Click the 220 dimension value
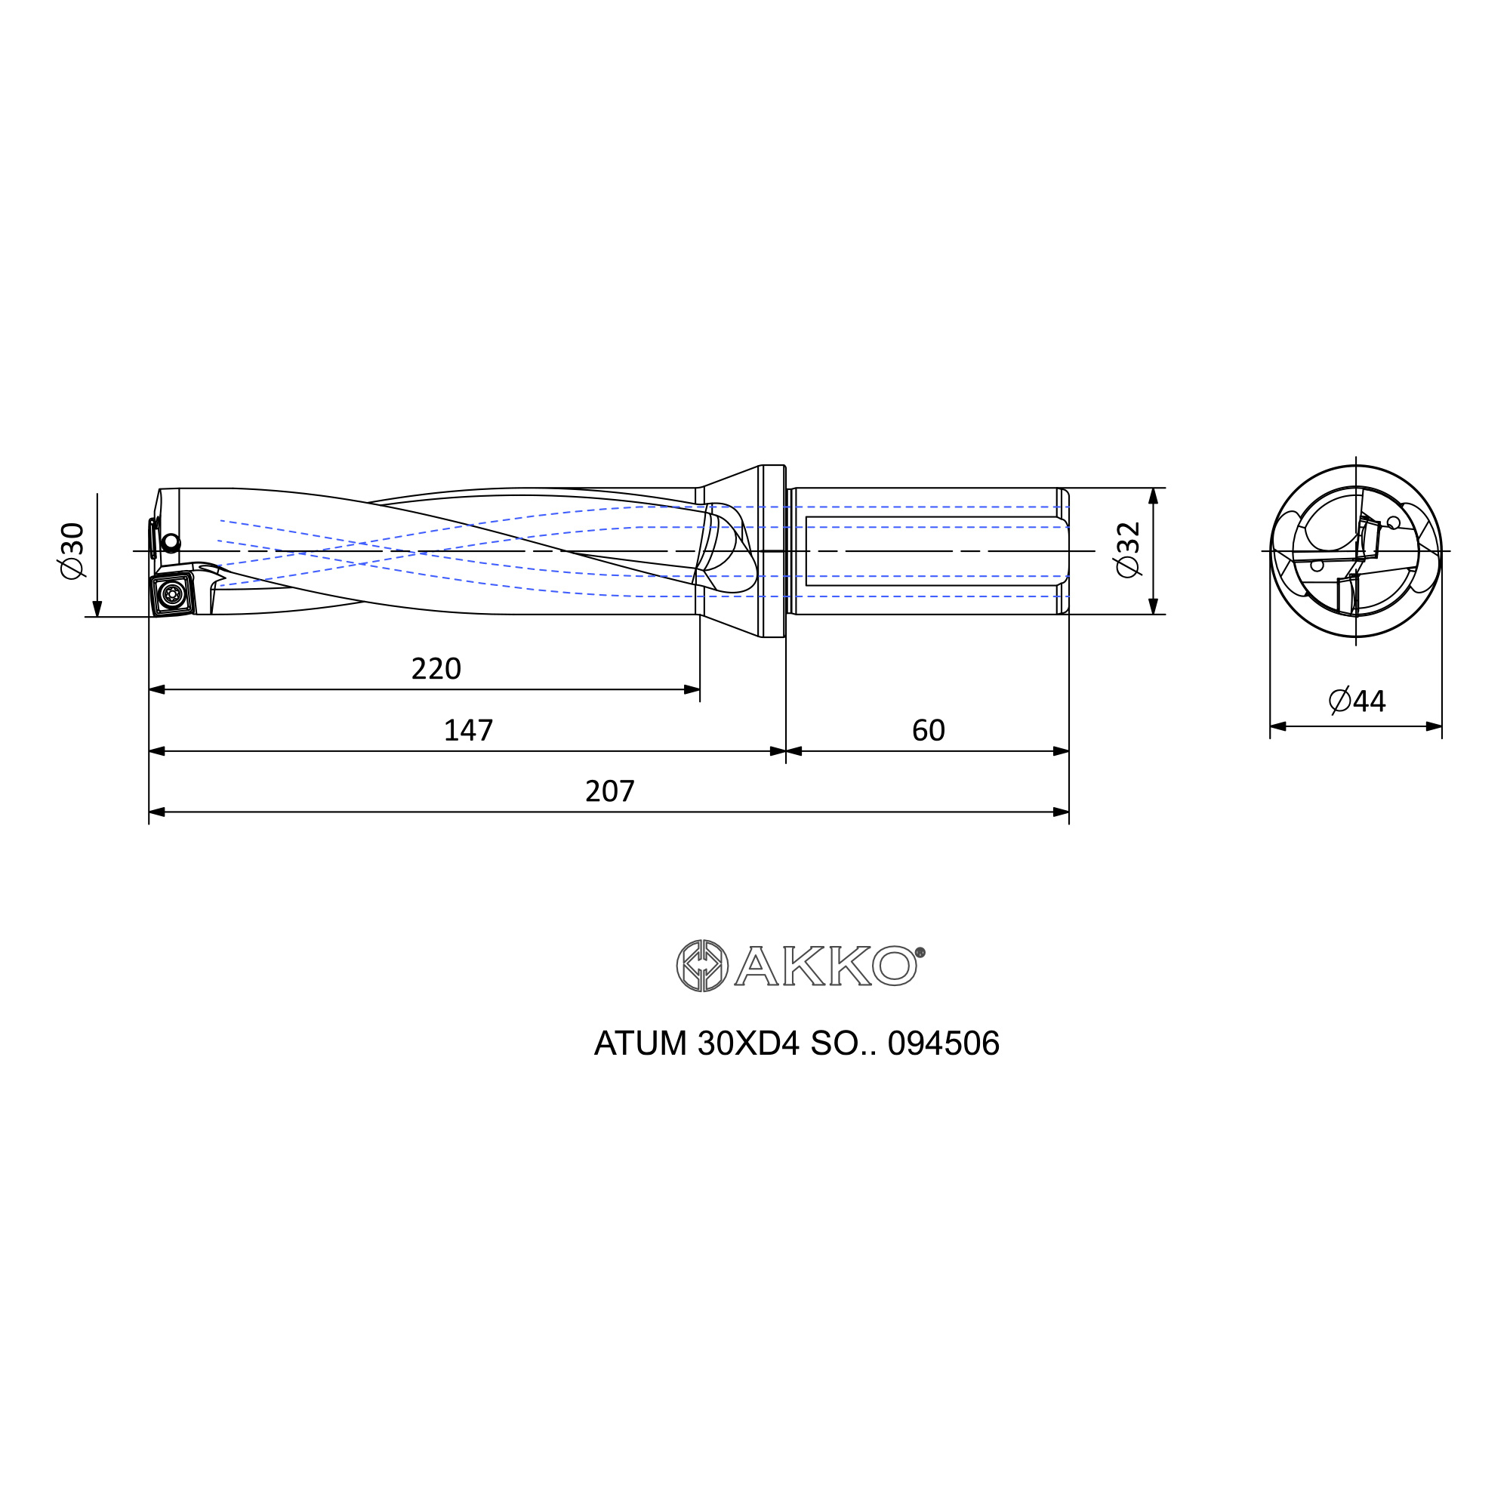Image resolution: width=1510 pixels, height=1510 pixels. click(436, 669)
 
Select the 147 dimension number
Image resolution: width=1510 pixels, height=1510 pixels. click(468, 731)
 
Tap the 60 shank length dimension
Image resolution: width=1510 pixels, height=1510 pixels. click(929, 731)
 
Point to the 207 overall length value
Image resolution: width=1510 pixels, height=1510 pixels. click(609, 792)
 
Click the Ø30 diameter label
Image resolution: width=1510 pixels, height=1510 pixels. click(72, 551)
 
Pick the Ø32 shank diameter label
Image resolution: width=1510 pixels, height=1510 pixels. click(1129, 550)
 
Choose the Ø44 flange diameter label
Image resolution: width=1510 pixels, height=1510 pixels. click(1357, 701)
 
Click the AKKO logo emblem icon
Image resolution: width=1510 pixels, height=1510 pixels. click(702, 966)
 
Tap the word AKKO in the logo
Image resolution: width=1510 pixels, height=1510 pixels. click(825, 966)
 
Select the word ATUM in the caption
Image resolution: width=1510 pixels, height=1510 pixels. click(640, 1044)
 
